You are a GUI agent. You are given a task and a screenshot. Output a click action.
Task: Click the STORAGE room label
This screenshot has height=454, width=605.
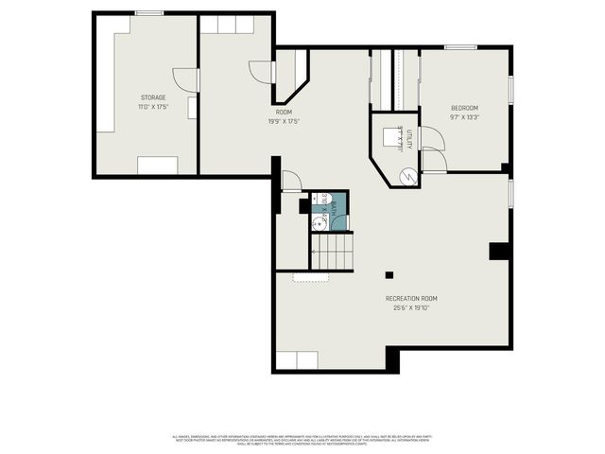tap(153, 97)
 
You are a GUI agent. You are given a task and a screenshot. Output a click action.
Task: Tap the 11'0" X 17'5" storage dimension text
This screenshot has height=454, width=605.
tap(153, 106)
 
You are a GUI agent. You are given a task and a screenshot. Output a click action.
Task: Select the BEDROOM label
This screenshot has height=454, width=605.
tap(464, 108)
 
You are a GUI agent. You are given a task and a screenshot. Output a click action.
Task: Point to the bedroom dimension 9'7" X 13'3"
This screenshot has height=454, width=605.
tap(464, 117)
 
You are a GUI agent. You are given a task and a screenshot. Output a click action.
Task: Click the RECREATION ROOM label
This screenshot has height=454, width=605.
tap(411, 299)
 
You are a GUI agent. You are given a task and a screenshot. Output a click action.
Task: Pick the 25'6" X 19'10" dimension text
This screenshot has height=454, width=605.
tap(411, 308)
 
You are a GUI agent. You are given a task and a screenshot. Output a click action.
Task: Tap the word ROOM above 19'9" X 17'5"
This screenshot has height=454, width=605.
tap(284, 113)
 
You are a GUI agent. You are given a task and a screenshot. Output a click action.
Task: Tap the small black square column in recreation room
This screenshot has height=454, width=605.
tap(389, 275)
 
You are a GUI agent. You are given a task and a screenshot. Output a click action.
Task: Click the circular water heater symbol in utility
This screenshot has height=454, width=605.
tap(405, 176)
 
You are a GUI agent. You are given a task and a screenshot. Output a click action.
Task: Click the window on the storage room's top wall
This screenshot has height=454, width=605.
tap(149, 13)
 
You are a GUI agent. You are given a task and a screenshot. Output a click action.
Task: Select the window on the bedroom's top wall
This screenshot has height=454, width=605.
tap(460, 47)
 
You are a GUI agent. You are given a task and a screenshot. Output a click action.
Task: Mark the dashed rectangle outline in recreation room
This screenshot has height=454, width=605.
tap(311, 277)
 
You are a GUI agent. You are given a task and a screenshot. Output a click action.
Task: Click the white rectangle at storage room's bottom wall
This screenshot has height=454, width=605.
tap(157, 166)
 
